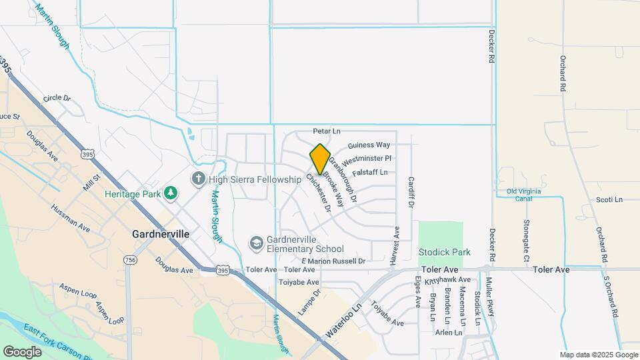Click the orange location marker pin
(320, 159)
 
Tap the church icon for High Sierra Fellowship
(198, 179)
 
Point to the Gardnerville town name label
(161, 235)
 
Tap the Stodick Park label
(444, 252)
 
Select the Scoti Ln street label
(609, 199)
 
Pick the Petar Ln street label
(327, 132)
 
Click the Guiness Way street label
(369, 145)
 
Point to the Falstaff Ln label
(370, 172)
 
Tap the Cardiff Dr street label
(411, 193)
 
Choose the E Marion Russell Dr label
(333, 261)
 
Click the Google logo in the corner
(22, 351)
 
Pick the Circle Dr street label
(57, 98)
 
